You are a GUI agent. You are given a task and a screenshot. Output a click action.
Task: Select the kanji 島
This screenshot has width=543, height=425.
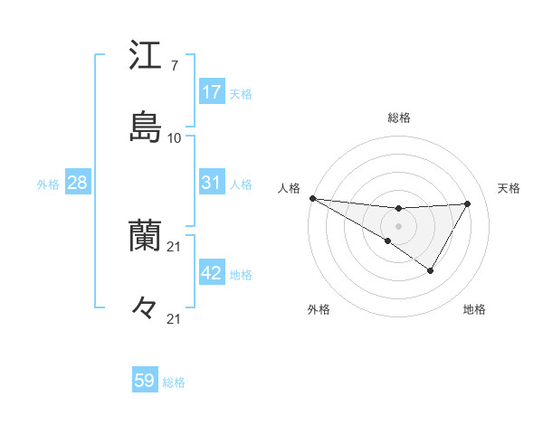(145, 127)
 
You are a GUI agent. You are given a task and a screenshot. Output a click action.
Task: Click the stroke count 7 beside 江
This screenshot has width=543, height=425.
(174, 65)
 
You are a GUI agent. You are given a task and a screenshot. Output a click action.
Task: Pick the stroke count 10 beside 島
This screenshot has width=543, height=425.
(175, 138)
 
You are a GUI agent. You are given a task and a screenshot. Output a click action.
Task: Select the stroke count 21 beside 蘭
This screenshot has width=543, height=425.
(175, 246)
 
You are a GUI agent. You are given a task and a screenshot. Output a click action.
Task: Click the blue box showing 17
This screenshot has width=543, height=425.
(212, 92)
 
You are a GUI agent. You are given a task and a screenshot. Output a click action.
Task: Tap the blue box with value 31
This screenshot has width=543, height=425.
(212, 183)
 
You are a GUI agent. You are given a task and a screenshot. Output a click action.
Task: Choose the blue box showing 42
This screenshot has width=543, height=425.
(212, 273)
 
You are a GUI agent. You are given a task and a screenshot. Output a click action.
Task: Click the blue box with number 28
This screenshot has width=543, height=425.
(78, 183)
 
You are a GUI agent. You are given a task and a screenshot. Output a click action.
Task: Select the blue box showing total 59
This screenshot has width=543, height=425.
(145, 381)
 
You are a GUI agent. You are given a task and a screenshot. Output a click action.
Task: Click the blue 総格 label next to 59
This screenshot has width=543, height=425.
(174, 382)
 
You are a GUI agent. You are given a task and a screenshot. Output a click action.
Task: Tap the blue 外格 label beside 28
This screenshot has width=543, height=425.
(48, 184)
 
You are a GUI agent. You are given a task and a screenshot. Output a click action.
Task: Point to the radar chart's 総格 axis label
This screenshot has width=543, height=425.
(399, 118)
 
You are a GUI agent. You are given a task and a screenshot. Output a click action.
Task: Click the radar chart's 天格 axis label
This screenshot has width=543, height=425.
(510, 188)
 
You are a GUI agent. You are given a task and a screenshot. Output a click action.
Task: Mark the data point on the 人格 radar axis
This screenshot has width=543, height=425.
(312, 197)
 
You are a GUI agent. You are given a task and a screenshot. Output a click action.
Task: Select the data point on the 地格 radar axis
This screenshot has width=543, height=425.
(431, 270)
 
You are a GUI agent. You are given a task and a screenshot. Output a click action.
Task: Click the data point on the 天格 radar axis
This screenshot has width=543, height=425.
(468, 203)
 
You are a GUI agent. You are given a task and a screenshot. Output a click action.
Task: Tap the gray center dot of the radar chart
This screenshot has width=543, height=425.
(399, 225)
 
